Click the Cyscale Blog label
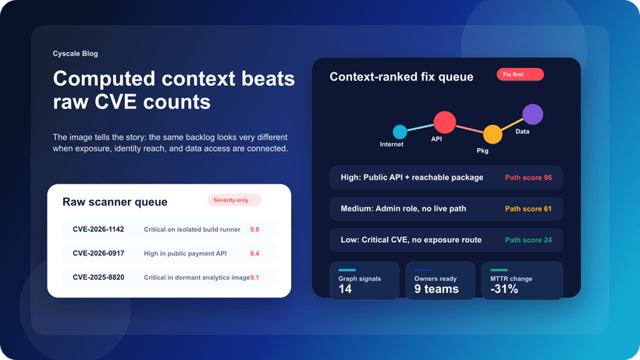click(75, 54)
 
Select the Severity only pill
click(233, 200)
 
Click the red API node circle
click(444, 122)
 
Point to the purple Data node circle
click(532, 115)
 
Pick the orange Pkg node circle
click(492, 134)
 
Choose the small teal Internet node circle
click(400, 132)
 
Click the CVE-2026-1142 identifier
click(98, 230)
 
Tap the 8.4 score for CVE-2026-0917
click(254, 254)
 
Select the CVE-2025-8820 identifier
click(98, 277)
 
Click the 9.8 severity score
click(254, 230)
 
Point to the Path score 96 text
click(528, 177)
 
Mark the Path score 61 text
click(528, 209)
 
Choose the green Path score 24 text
click(528, 240)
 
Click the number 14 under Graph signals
click(346, 289)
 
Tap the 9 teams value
click(436, 289)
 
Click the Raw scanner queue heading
click(115, 202)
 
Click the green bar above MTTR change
click(499, 270)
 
